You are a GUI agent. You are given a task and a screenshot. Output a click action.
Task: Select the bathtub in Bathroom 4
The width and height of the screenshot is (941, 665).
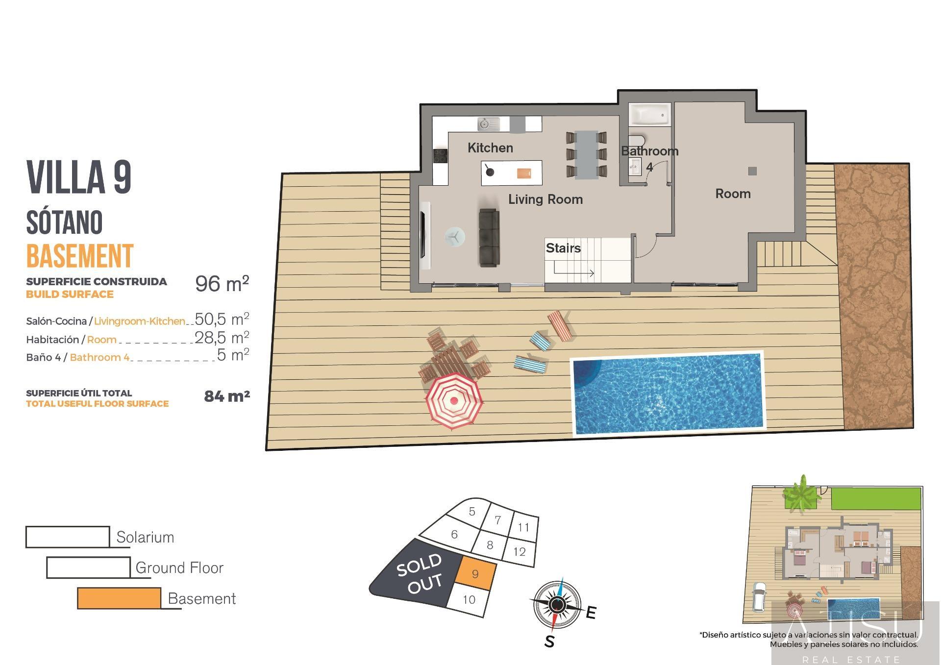click(x=649, y=115)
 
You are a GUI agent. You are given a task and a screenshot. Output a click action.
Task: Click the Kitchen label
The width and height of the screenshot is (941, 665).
click(x=490, y=148)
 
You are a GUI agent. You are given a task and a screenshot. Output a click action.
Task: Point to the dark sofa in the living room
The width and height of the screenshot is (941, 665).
click(x=489, y=238)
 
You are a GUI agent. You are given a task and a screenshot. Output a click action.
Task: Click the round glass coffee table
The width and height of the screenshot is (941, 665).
click(x=455, y=237)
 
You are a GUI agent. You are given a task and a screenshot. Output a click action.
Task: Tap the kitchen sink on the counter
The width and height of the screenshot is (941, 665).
click(x=488, y=124)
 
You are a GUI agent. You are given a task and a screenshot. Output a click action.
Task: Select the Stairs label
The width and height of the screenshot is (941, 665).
click(x=563, y=248)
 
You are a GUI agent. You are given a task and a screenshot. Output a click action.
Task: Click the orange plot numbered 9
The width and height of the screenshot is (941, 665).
click(x=475, y=574)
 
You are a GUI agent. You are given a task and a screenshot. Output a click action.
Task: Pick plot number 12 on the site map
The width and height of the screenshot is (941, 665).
click(x=519, y=552)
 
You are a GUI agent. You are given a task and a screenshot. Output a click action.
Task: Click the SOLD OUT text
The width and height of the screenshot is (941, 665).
click(x=420, y=574)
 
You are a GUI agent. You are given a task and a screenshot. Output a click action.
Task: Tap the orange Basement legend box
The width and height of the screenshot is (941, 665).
click(x=119, y=598)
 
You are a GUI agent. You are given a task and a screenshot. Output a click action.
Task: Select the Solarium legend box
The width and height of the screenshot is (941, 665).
click(x=68, y=537)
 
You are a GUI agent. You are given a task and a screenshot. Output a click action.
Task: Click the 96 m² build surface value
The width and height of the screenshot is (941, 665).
click(x=222, y=283)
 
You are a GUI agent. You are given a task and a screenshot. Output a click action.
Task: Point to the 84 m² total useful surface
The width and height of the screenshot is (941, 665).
click(x=226, y=396)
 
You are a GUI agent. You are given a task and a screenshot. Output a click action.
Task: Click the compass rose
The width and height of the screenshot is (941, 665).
click(x=556, y=606)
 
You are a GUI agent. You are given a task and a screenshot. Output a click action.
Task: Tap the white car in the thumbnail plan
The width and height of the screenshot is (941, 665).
click(x=758, y=597)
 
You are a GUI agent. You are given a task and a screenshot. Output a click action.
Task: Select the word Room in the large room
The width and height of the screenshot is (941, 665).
click(x=733, y=194)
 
